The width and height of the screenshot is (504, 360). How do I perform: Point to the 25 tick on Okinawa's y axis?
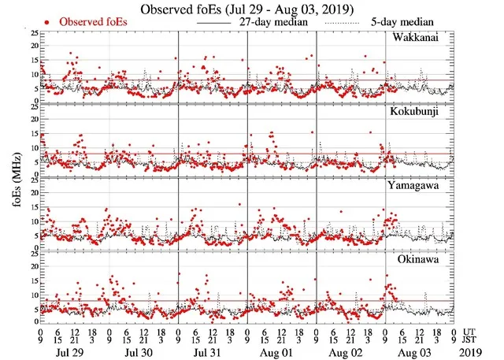click(34, 253)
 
